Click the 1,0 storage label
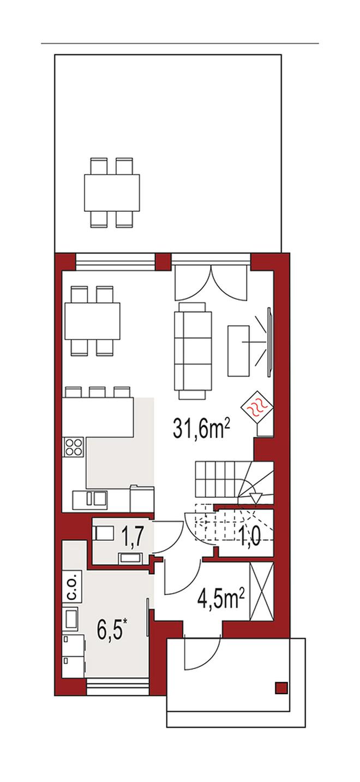pyautogui.click(x=250, y=538)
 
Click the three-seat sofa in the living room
pyautogui.click(x=193, y=351)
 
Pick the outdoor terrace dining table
pyautogui.click(x=112, y=193)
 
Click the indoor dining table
pyautogui.click(x=92, y=321)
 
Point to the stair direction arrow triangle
pyautogui.click(x=256, y=498)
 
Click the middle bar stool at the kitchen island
pyautogui.click(x=97, y=391)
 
